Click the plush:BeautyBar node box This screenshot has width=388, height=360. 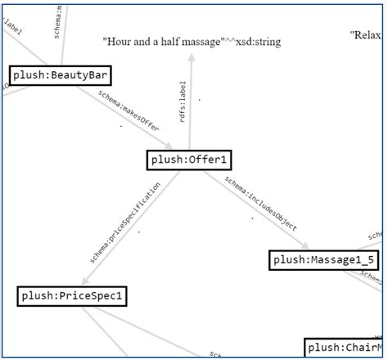pyautogui.click(x=59, y=76)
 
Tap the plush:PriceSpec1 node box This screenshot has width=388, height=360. pyautogui.click(x=72, y=295)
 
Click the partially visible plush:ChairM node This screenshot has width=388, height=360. pyautogui.click(x=344, y=348)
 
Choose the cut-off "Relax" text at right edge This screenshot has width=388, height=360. pyautogui.click(x=365, y=35)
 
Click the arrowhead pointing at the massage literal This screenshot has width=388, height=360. pyautogui.click(x=191, y=58)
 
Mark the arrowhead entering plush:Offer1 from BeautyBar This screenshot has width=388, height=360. pyautogui.click(x=168, y=146)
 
